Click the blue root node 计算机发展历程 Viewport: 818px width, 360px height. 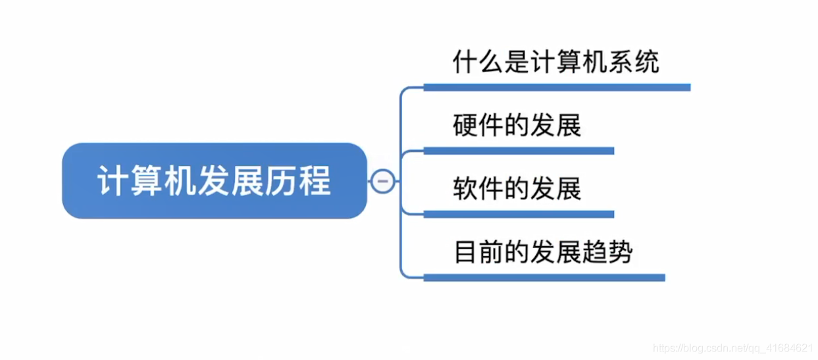coord(214,181)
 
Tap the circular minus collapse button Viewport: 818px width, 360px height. coord(383,181)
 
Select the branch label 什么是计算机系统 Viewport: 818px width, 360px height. coord(556,62)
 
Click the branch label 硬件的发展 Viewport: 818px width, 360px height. coord(517,125)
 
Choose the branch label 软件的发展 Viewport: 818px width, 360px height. coord(517,189)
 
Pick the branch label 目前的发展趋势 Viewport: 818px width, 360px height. coord(544,252)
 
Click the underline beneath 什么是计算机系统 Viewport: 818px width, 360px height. coord(556,87)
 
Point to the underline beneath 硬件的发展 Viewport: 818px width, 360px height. coord(519,151)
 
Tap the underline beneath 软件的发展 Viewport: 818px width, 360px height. coord(519,214)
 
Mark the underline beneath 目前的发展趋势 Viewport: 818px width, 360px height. coord(544,278)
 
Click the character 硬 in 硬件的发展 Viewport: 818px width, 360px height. coord(465,125)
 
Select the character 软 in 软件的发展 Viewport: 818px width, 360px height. coord(465,189)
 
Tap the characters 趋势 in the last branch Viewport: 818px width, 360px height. coord(609,252)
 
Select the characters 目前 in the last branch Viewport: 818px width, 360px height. coord(478,252)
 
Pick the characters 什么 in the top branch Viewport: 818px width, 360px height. coord(478,62)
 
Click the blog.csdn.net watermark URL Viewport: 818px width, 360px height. coord(730,347)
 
